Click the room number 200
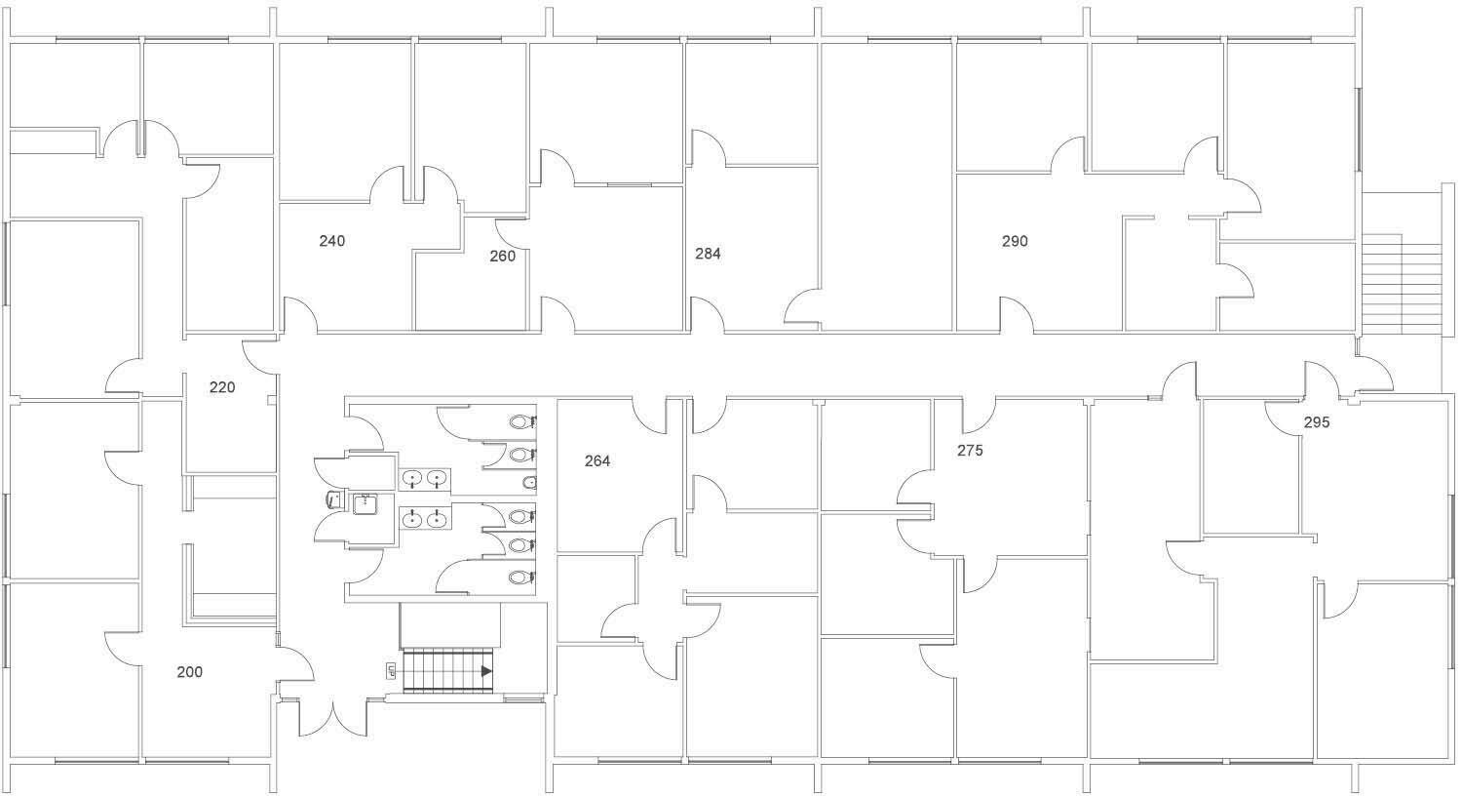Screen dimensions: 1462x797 click(x=190, y=672)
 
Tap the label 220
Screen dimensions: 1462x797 click(x=222, y=387)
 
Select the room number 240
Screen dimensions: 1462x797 click(x=331, y=241)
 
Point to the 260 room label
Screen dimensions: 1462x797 click(x=503, y=257)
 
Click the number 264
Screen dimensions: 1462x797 click(x=597, y=461)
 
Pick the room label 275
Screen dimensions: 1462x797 click(x=970, y=450)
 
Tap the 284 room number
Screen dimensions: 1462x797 click(x=708, y=254)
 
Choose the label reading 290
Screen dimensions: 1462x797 click(x=1015, y=241)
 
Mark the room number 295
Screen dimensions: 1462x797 click(x=1317, y=422)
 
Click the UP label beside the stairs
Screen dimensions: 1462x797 click(x=391, y=671)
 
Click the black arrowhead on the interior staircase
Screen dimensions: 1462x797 click(x=487, y=671)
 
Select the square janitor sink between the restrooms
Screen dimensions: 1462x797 click(x=365, y=504)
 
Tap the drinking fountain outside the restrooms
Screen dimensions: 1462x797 click(x=333, y=499)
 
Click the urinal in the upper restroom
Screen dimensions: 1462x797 click(x=530, y=483)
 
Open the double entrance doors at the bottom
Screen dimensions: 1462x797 click(x=333, y=719)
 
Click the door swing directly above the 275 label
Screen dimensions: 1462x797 click(x=979, y=417)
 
